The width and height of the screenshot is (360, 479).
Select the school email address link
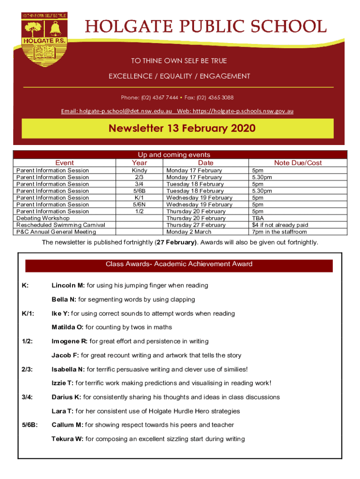tap(117, 111)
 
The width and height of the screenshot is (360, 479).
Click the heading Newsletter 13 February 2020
tap(182, 128)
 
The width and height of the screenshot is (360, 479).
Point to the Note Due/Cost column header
tap(298, 163)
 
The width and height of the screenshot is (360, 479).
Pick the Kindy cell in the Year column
tap(139, 171)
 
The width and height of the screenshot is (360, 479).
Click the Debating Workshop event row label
tap(43, 218)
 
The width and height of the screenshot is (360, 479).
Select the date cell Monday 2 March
tap(189, 232)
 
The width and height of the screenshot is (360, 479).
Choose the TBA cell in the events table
tap(258, 218)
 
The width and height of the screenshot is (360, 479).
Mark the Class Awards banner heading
tap(179, 264)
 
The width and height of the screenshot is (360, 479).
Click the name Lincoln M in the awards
tap(68, 285)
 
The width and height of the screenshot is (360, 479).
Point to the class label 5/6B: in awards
tap(30, 425)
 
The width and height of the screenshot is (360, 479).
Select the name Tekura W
tap(68, 439)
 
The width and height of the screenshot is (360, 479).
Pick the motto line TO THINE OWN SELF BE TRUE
tap(179, 61)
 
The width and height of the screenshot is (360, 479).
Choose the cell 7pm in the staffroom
tap(280, 232)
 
